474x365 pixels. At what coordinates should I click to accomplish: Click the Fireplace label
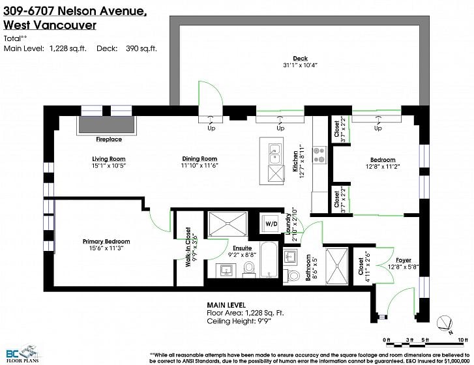(109, 139)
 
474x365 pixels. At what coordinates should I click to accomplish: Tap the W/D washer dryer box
(271, 224)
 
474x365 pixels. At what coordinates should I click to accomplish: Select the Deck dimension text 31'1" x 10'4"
(300, 65)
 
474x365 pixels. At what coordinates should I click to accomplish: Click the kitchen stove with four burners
(319, 155)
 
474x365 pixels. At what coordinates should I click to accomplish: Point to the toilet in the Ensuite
(249, 269)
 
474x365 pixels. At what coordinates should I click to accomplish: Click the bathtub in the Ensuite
(269, 259)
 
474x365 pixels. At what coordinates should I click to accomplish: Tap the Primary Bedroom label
(106, 241)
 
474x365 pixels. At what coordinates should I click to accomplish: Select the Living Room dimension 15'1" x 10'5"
(108, 166)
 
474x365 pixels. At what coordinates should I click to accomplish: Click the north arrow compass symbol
(445, 323)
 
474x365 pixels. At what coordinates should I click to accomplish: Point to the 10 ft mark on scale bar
(460, 340)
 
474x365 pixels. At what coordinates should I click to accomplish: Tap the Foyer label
(404, 260)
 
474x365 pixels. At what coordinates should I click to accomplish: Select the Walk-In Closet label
(188, 247)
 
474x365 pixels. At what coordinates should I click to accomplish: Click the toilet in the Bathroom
(292, 276)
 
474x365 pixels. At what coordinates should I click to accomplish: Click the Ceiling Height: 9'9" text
(239, 321)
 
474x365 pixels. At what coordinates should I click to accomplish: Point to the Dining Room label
(200, 158)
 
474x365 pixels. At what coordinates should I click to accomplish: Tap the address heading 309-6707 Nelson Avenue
(75, 11)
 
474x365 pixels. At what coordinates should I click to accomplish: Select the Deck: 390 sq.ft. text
(126, 48)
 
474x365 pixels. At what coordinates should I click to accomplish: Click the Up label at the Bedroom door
(378, 128)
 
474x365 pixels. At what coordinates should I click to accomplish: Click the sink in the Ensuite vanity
(226, 270)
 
